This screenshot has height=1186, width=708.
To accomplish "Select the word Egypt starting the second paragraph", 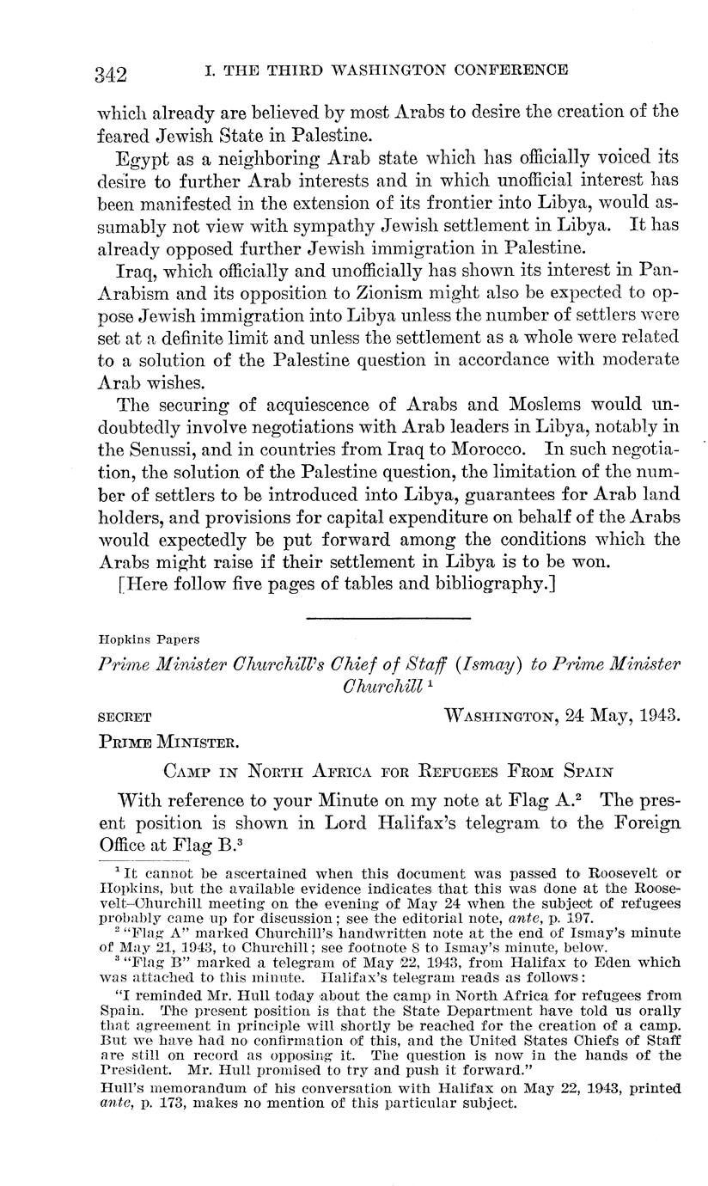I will tap(139, 157).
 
